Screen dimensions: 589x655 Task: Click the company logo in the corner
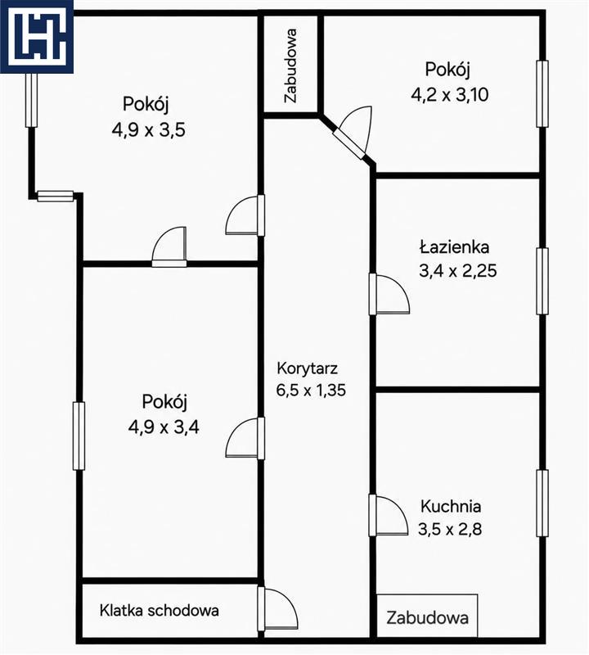point(37,37)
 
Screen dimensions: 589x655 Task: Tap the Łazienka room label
point(454,247)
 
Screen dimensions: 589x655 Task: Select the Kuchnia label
point(451,506)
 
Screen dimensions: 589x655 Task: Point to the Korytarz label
point(308,368)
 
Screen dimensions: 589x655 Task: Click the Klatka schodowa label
point(159,610)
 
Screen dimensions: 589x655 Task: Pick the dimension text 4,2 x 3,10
point(450,95)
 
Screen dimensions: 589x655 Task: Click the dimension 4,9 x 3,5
point(149,130)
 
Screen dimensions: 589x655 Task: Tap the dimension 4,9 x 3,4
point(164,427)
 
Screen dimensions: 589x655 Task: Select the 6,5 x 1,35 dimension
point(311,391)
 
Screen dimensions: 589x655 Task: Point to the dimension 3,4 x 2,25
point(458,271)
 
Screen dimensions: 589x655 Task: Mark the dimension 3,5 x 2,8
point(450,529)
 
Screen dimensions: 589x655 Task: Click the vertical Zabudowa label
point(290,65)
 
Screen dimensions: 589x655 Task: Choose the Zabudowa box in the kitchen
point(427,617)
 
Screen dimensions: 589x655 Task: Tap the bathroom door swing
point(389,294)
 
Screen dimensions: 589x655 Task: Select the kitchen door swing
point(389,515)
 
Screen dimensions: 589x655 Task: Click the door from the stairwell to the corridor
point(277,608)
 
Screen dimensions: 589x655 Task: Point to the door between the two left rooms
point(169,247)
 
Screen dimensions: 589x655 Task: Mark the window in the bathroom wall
point(542,281)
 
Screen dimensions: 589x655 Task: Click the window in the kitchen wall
point(542,503)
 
